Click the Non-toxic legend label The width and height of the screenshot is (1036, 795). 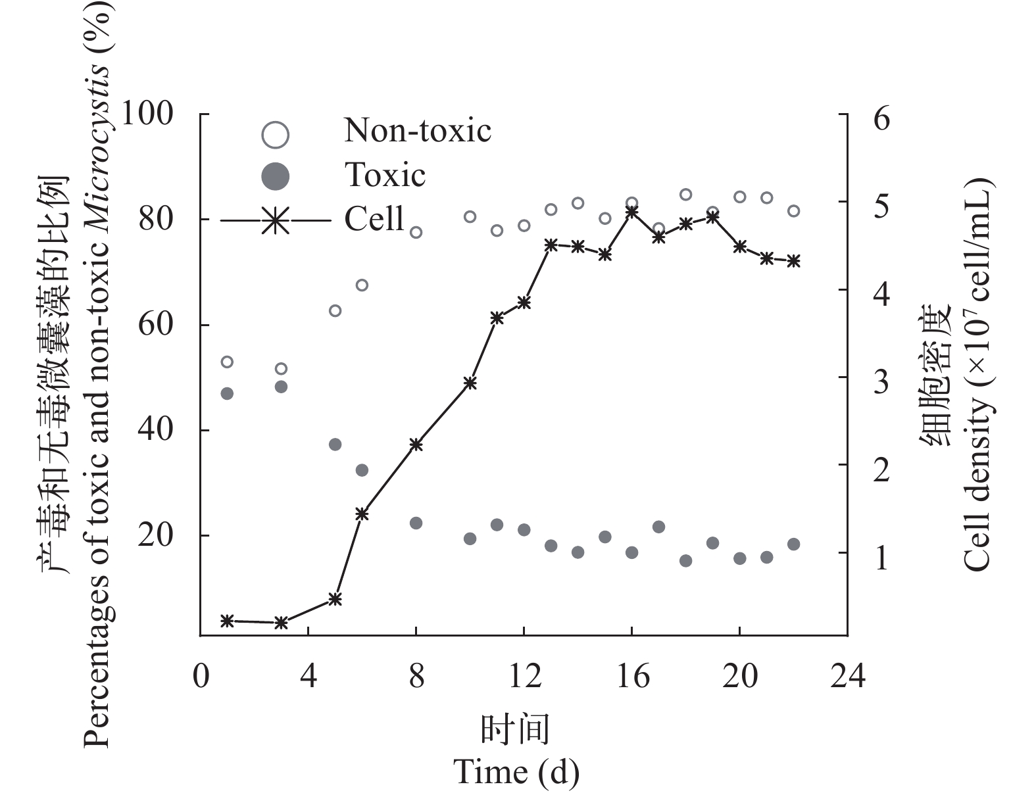(418, 130)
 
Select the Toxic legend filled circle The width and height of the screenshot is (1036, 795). (275, 176)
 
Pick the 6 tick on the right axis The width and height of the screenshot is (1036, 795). (881, 119)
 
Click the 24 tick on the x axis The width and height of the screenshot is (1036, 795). (847, 675)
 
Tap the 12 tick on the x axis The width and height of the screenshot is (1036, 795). (524, 675)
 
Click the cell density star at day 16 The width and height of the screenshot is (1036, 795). (631, 212)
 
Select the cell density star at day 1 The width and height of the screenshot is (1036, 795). (227, 620)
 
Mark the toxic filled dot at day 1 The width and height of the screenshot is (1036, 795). (227, 393)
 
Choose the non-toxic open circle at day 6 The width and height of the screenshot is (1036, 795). (362, 285)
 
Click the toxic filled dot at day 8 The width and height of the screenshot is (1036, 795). (416, 523)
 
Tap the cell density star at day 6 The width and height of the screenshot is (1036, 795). (362, 514)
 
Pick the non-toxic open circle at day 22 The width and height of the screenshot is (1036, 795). (793, 211)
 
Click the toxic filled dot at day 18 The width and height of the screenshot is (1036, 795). (685, 560)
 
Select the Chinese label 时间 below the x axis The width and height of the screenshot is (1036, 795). (515, 729)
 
